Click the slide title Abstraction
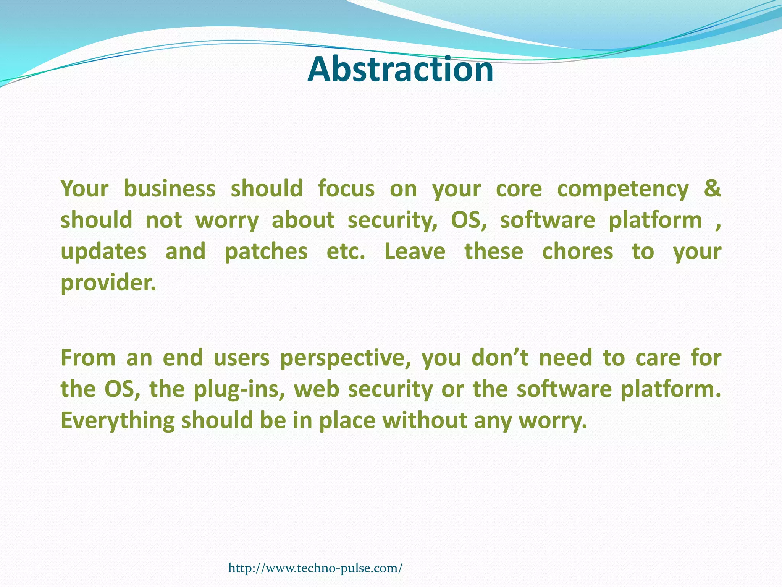400,70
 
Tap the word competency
623,190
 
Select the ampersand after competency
713,188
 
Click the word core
519,189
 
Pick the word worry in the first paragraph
227,221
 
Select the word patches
266,252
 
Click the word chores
577,252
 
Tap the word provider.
108,283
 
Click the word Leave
415,252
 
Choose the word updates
104,252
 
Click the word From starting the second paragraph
88,358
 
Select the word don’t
500,358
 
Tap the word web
316,389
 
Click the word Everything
118,421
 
